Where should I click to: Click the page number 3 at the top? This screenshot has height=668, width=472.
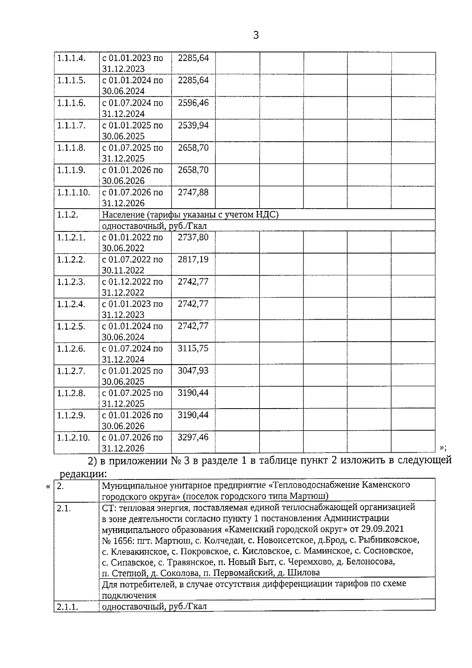point(256,35)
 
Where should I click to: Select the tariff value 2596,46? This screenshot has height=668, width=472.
point(193,103)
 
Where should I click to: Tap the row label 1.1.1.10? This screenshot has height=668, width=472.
point(74,192)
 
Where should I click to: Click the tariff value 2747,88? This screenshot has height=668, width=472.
point(193,192)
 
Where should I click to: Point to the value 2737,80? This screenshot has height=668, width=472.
point(193,237)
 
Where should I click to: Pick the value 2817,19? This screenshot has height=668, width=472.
point(193,260)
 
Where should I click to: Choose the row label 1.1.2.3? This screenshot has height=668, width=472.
point(71,282)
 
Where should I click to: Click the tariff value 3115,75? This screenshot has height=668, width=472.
point(193,349)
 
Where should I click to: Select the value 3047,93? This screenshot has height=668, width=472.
point(193,371)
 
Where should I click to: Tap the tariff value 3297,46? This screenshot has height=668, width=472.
point(193,437)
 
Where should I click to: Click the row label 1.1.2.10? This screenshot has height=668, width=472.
point(74,437)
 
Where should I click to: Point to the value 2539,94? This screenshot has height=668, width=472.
point(193,126)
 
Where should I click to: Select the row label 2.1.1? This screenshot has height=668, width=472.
point(68,607)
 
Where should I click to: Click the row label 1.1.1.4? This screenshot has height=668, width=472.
point(71,58)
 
